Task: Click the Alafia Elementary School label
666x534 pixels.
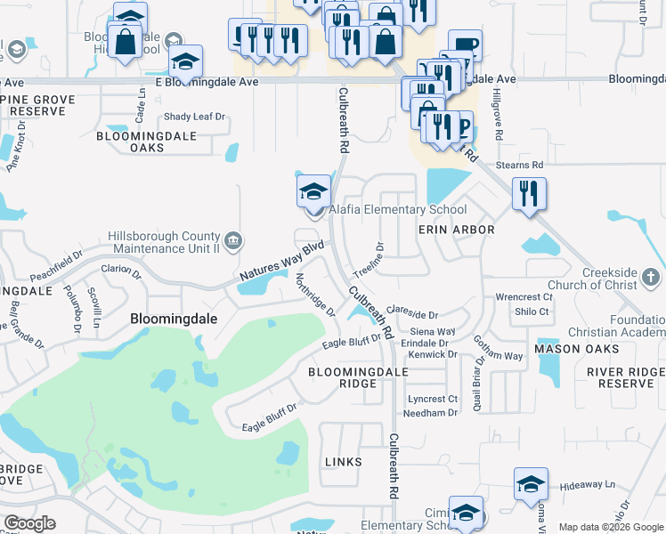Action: pos(398,210)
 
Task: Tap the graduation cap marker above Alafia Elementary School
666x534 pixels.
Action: pos(313,192)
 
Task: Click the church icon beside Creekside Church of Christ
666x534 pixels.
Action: pos(652,279)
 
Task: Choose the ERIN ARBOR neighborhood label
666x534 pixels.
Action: pos(456,229)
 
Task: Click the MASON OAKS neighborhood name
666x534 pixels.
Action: pos(570,349)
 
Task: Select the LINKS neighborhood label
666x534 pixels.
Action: pos(343,462)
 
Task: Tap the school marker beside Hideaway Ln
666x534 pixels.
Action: pos(531,485)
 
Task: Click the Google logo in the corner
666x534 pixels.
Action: pos(30,522)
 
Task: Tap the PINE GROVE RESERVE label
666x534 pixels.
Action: pos(37,105)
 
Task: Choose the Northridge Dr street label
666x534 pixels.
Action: pos(314,295)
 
